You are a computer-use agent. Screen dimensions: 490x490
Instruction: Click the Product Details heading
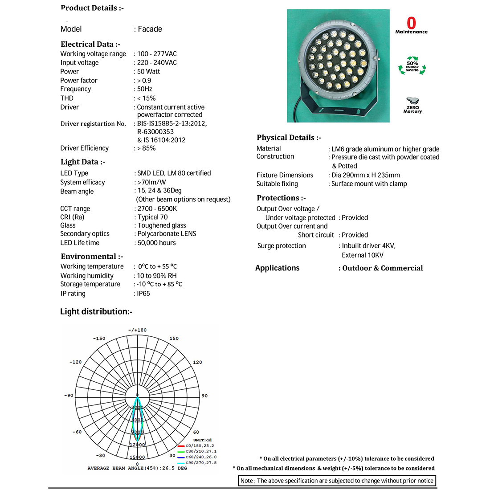(x=92, y=8)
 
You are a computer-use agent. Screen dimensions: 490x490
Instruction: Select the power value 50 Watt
(x=149, y=72)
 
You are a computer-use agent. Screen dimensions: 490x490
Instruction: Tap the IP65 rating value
(x=143, y=294)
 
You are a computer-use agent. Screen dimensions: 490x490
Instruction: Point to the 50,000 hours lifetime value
(x=156, y=243)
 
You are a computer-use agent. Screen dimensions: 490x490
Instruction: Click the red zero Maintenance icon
(x=411, y=24)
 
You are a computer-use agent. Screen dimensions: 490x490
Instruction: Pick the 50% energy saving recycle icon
(x=412, y=66)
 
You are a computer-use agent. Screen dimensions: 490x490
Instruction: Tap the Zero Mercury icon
(x=412, y=105)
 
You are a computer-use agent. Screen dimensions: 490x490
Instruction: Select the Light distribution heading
(x=96, y=311)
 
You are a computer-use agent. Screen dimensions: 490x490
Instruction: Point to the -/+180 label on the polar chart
(x=137, y=330)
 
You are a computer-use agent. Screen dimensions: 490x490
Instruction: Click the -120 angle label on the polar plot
(x=75, y=362)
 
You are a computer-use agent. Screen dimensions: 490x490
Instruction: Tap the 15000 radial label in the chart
(x=137, y=457)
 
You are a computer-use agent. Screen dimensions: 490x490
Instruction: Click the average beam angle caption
(x=137, y=468)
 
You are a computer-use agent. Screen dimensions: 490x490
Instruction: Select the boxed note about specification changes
(x=337, y=481)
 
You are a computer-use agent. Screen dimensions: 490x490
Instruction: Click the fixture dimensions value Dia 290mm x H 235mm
(x=365, y=175)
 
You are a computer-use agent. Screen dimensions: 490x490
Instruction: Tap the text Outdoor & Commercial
(x=383, y=268)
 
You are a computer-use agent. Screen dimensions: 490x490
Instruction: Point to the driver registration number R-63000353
(x=155, y=132)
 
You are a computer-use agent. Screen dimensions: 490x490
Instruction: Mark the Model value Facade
(x=150, y=29)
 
